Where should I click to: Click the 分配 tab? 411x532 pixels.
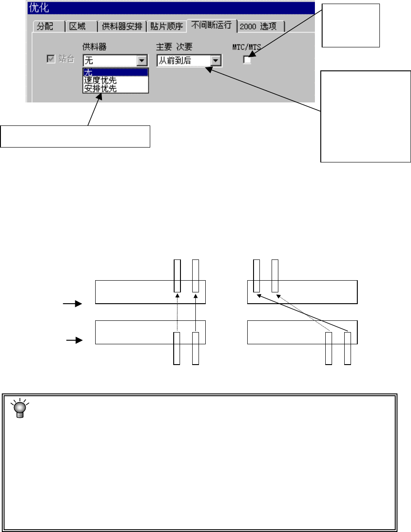[x=45, y=27]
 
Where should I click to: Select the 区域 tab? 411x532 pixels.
[x=78, y=27]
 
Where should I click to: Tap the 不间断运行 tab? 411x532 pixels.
[x=212, y=25]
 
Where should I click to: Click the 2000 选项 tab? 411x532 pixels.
[x=260, y=27]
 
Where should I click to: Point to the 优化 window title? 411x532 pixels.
[x=39, y=8]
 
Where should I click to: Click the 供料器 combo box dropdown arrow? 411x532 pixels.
[x=142, y=60]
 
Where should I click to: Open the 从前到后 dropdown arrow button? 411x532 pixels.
[x=216, y=60]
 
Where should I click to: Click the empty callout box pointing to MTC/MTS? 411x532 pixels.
[x=351, y=25]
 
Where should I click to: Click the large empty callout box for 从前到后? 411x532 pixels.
[x=365, y=116]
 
